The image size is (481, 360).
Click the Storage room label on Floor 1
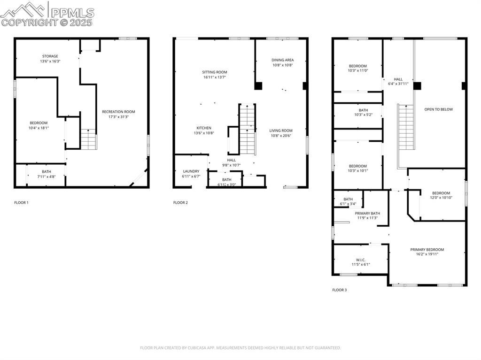click(x=49, y=56)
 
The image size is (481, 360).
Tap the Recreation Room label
click(x=118, y=112)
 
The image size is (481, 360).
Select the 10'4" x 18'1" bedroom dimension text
click(x=39, y=128)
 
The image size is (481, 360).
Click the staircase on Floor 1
click(x=88, y=139)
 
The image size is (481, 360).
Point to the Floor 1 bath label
click(x=46, y=172)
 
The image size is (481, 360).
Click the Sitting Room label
click(x=215, y=72)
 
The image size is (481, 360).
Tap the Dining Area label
click(x=282, y=60)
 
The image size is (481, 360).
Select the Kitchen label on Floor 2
click(x=204, y=128)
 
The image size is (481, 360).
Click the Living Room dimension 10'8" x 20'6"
click(x=280, y=136)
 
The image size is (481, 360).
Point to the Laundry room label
click(x=191, y=171)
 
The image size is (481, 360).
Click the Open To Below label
click(x=438, y=109)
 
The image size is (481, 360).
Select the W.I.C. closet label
click(x=361, y=260)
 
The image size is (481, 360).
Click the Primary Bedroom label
click(x=427, y=250)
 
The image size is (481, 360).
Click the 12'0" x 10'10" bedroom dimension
click(x=441, y=198)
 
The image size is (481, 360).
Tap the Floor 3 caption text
click(x=339, y=290)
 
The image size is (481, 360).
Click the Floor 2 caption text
click(x=180, y=203)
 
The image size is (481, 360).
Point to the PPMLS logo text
click(x=71, y=12)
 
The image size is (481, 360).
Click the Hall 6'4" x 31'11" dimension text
click(x=398, y=84)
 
